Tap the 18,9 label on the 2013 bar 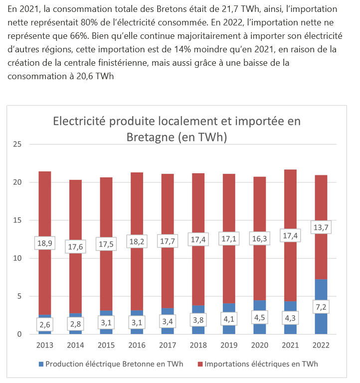(44, 243)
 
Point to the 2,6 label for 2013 (44, 325)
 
